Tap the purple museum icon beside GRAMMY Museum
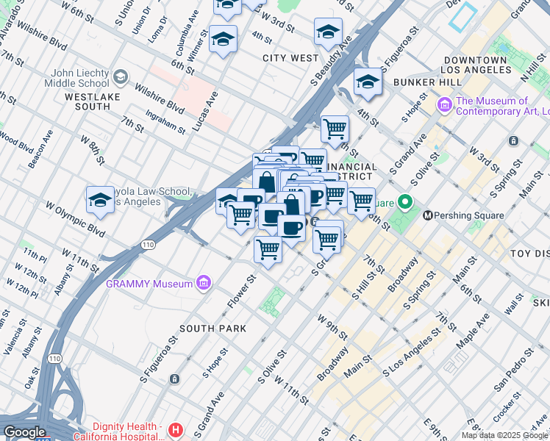coord(204,283)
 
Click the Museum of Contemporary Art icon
coord(444,106)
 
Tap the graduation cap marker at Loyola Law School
coord(100,201)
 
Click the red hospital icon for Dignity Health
coord(175,429)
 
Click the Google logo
coord(24,432)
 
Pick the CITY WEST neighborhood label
coord(290,57)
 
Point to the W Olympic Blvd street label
coord(75,216)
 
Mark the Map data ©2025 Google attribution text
coord(504,435)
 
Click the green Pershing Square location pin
coord(404,202)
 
